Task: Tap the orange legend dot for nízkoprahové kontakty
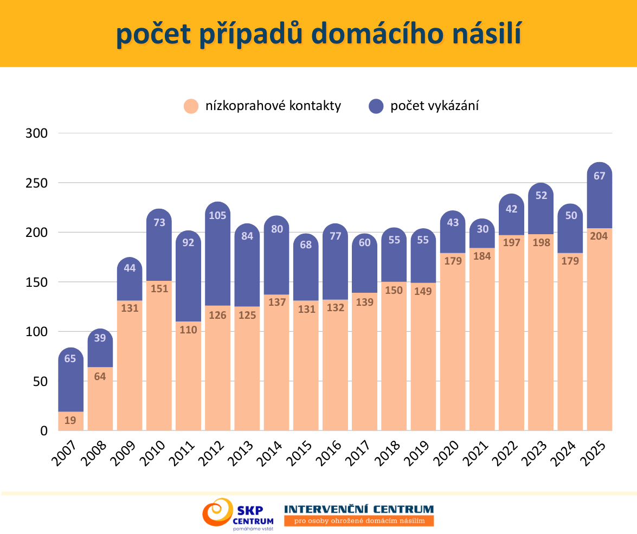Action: (191, 106)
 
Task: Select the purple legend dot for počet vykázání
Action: (376, 106)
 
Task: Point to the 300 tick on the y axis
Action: (36, 133)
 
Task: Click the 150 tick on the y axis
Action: (36, 282)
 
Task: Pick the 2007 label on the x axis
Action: (65, 453)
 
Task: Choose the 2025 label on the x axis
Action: (593, 453)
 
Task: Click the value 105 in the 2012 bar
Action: (217, 215)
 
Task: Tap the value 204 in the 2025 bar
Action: (599, 236)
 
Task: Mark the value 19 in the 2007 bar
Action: (70, 420)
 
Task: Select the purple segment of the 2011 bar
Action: (189, 276)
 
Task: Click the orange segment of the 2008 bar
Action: (100, 398)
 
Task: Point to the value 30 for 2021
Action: (482, 229)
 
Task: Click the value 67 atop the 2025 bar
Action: (599, 176)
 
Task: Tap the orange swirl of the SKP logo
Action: (218, 512)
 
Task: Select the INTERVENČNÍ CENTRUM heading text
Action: (359, 509)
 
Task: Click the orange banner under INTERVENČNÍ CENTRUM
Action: (359, 520)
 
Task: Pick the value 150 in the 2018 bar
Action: (394, 290)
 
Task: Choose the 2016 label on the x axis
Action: (329, 453)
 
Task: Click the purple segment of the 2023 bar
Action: (541, 209)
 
